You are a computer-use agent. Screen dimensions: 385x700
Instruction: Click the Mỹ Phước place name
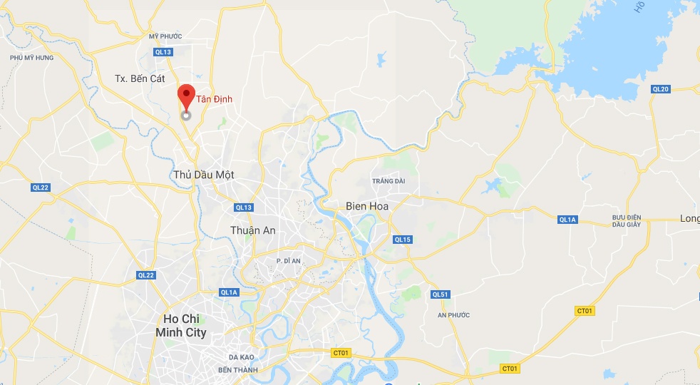[165, 36]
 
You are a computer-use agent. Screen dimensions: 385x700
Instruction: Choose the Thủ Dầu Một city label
[203, 175]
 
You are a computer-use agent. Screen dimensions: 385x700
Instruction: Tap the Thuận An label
[252, 230]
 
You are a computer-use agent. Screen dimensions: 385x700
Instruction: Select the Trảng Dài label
[388, 181]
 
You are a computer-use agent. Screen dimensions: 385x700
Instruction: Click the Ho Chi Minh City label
[181, 325]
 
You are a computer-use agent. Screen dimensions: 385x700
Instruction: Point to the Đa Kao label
[242, 356]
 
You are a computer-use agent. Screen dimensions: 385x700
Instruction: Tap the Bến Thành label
[237, 370]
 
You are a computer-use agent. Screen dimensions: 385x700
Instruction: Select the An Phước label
[452, 314]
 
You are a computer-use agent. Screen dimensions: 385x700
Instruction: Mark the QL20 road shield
[661, 88]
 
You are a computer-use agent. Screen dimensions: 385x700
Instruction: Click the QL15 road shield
[403, 240]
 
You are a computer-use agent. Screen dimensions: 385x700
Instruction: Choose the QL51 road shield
[441, 294]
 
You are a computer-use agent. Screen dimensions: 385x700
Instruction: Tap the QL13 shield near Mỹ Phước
[163, 52]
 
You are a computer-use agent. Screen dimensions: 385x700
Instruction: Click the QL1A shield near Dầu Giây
[567, 220]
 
